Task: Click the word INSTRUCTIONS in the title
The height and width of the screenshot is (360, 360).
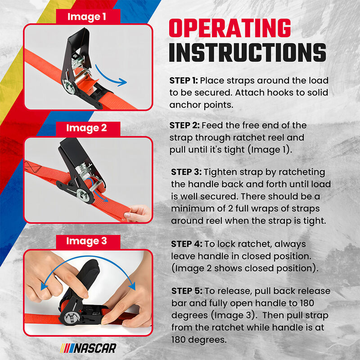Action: pyautogui.click(x=247, y=52)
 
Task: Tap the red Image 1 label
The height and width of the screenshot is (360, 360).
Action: pyautogui.click(x=87, y=17)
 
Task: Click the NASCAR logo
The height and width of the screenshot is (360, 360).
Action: pyautogui.click(x=89, y=348)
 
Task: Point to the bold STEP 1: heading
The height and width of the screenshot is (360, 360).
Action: pyautogui.click(x=184, y=81)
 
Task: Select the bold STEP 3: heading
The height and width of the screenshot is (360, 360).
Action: pyautogui.click(x=186, y=173)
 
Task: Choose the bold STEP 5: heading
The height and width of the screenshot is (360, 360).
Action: pyautogui.click(x=186, y=290)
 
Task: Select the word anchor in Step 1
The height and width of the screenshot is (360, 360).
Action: pyautogui.click(x=186, y=105)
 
